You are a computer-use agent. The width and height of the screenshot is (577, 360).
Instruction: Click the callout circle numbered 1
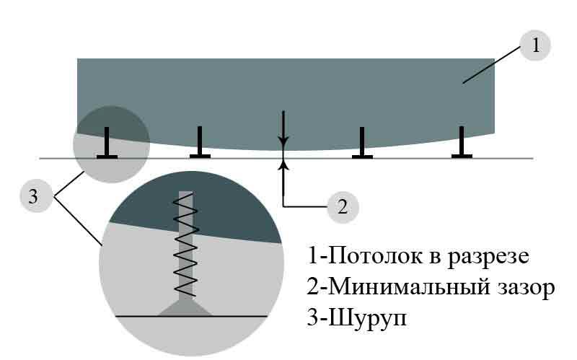(x=535, y=45)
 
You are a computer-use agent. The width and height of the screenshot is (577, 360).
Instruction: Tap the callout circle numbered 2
(x=343, y=207)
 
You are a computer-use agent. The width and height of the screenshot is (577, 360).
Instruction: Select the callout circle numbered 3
(x=34, y=196)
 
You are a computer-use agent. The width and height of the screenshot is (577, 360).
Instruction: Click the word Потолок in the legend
(x=374, y=255)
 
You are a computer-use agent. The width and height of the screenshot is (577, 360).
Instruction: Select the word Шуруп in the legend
(x=367, y=317)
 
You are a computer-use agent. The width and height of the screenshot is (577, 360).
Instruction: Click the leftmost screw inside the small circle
(x=107, y=143)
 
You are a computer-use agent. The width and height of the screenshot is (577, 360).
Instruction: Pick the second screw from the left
(x=200, y=142)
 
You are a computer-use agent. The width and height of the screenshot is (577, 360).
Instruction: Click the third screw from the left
(x=362, y=143)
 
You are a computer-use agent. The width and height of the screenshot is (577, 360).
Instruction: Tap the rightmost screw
(x=462, y=142)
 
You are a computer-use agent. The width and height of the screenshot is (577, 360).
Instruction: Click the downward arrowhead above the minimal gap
(x=283, y=141)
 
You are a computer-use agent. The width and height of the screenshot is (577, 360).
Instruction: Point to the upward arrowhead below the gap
(x=283, y=165)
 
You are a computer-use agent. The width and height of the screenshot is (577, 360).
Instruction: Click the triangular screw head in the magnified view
(x=185, y=309)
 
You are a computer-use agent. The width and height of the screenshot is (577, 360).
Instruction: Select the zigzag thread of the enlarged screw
(x=186, y=245)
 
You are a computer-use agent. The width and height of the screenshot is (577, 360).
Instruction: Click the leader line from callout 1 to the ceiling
(x=492, y=64)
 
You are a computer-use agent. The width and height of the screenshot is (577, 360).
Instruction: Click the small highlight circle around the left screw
(x=112, y=144)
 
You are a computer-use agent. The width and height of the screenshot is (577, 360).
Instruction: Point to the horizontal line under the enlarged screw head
(x=191, y=316)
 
